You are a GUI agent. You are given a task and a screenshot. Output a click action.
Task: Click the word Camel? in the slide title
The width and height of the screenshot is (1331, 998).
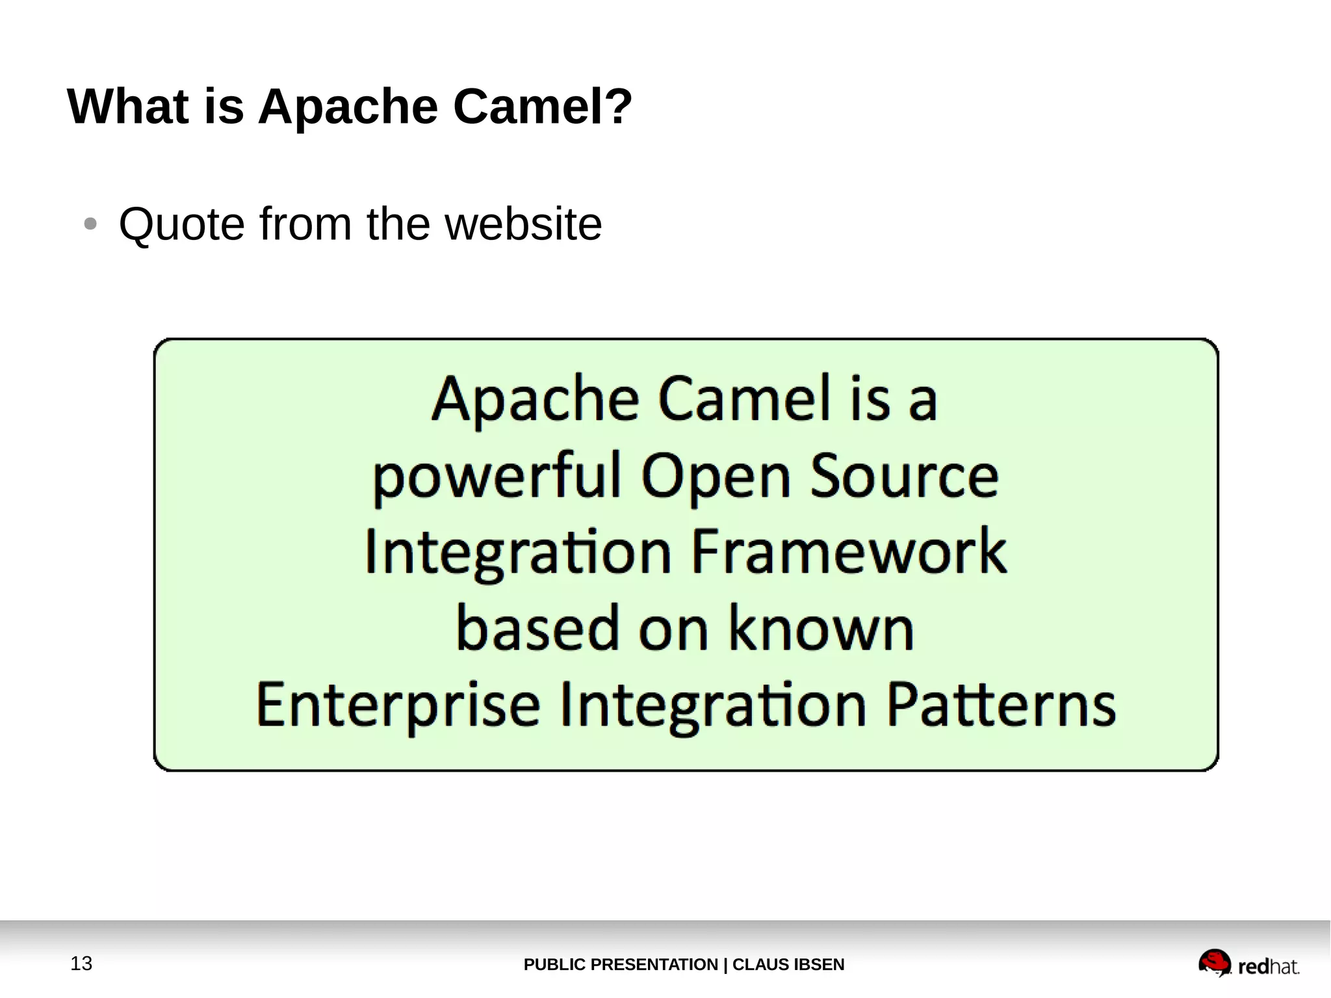click(542, 106)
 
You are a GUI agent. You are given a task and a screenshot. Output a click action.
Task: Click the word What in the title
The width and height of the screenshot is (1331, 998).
click(127, 106)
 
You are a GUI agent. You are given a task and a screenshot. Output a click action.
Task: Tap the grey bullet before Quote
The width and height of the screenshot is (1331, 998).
click(90, 224)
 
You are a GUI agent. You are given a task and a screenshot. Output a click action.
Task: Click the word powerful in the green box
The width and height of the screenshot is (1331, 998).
click(497, 477)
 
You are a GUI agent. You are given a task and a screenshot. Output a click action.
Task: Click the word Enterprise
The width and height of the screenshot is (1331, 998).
click(398, 705)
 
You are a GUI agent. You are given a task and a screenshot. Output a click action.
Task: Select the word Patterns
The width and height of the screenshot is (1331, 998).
click(1001, 705)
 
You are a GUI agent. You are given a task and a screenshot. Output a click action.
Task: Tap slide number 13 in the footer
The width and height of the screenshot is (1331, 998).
click(81, 964)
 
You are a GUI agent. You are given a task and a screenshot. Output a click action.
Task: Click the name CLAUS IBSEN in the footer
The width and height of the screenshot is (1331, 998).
click(788, 964)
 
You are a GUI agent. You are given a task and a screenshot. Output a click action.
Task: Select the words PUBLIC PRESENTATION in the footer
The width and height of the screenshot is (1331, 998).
click(620, 964)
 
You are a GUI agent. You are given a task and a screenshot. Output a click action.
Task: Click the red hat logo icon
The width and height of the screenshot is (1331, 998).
click(1214, 962)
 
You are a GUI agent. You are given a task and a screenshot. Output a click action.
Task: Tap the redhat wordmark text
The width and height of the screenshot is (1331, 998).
click(1268, 967)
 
